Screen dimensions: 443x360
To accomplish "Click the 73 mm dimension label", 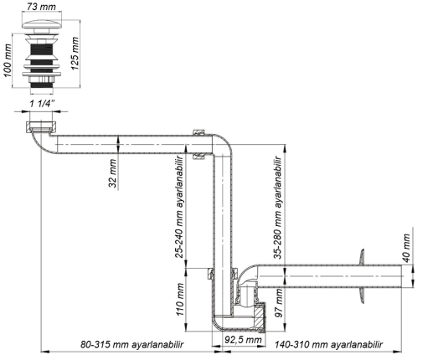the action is tap(42, 6).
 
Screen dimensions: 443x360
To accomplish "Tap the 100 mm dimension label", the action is tap(8, 61).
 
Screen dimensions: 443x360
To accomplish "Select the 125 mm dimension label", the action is tap(75, 54).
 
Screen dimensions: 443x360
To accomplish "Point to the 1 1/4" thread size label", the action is tap(42, 104).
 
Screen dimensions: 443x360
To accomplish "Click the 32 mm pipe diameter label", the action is tap(112, 173).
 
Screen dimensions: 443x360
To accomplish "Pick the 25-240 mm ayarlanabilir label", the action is tap(180, 207).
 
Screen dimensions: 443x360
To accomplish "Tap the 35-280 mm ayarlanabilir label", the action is tap(278, 208).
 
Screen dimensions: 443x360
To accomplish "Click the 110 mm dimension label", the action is tap(180, 299).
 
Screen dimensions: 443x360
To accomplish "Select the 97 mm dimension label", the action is tap(279, 303).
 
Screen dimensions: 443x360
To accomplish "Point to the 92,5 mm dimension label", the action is tap(243, 339).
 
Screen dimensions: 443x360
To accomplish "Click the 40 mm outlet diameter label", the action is tap(406, 248).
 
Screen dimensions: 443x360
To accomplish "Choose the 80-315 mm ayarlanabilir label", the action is tap(132, 344).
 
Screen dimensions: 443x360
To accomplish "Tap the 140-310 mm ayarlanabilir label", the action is tap(329, 344).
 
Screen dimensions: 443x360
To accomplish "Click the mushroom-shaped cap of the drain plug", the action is tap(42, 23).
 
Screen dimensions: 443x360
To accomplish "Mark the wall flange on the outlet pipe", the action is tap(361, 276).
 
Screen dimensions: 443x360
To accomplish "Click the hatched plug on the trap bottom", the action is tap(260, 317).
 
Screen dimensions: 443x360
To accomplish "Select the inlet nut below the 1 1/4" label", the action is tap(41, 126).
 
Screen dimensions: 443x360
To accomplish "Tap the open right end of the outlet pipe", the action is tap(401, 276).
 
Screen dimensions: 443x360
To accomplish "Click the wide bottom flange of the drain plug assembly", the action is tap(42, 75).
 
